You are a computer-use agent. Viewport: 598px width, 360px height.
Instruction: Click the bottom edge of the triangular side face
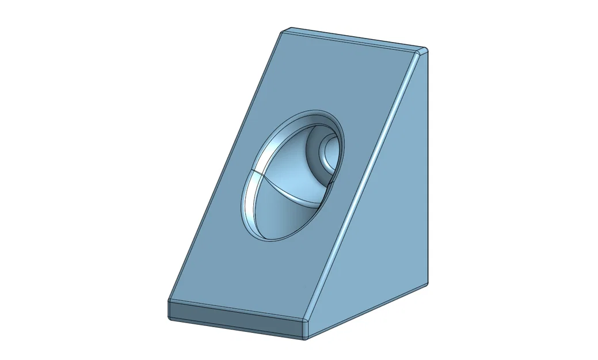[x=368, y=310]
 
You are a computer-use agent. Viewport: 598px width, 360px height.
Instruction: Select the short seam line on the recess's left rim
[x=253, y=173]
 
